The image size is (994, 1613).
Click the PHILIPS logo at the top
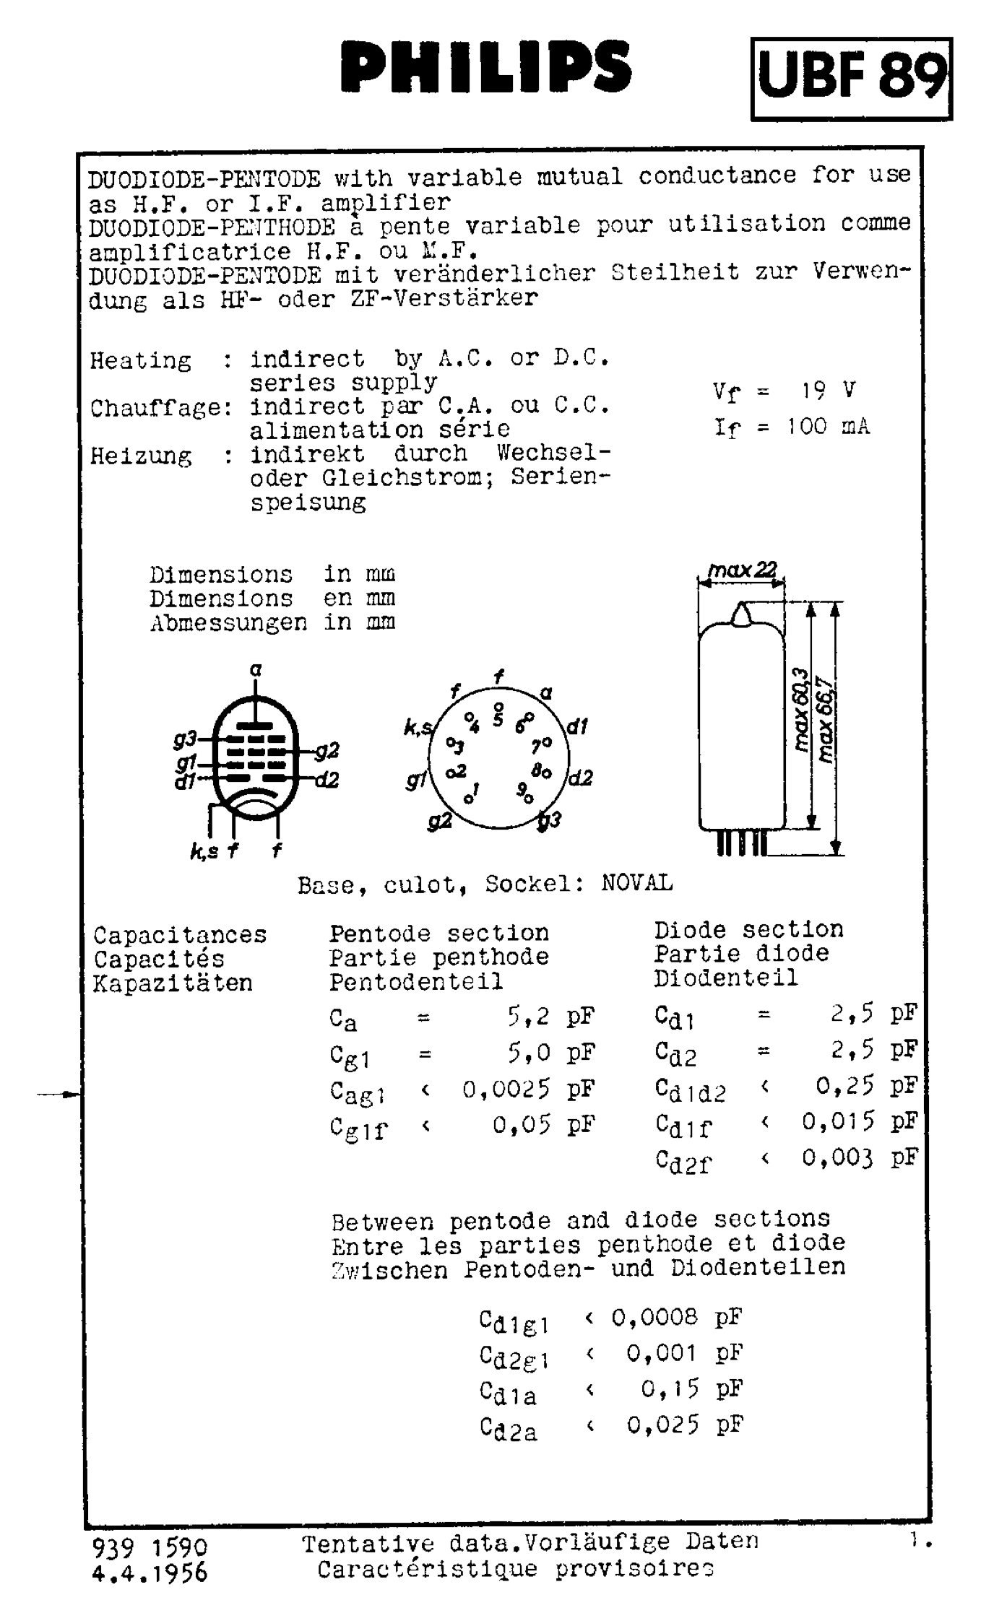click(x=486, y=67)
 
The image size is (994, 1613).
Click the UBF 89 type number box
click(x=851, y=78)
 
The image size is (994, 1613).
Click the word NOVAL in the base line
click(x=636, y=883)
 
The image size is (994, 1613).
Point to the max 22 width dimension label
click(x=742, y=570)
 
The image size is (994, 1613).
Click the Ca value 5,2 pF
click(x=550, y=1017)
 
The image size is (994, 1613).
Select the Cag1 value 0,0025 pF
click(x=528, y=1089)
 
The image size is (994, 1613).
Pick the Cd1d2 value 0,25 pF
click(x=866, y=1085)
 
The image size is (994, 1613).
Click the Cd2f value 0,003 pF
click(x=859, y=1158)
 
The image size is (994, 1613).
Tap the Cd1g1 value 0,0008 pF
click(x=676, y=1317)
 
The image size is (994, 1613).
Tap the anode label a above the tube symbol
click(x=256, y=670)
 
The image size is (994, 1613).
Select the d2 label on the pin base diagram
click(x=581, y=778)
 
